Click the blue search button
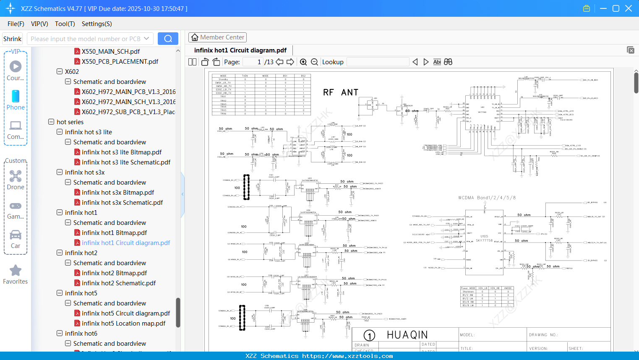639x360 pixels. coord(168,39)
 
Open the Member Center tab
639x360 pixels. coord(217,37)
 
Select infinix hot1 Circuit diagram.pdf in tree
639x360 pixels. coord(125,243)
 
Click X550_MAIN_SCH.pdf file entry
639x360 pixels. coord(110,52)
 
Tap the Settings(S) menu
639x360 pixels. coord(97,24)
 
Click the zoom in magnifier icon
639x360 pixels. coord(303,62)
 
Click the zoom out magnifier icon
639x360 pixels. coord(314,62)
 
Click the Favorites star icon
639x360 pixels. coord(16,271)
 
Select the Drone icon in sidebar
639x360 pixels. coord(16,176)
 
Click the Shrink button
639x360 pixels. coord(13,39)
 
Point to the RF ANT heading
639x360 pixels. coord(340,92)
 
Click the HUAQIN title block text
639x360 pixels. coord(407,335)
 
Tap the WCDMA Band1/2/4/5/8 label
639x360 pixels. coord(487,198)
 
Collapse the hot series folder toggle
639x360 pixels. coord(51,122)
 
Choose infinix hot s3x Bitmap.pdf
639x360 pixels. coord(117,193)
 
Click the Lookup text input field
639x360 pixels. coord(378,62)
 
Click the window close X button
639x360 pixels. coord(628,8)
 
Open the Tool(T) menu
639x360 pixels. coord(65,24)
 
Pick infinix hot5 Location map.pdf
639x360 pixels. coord(123,323)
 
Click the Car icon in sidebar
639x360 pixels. coord(16,235)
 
